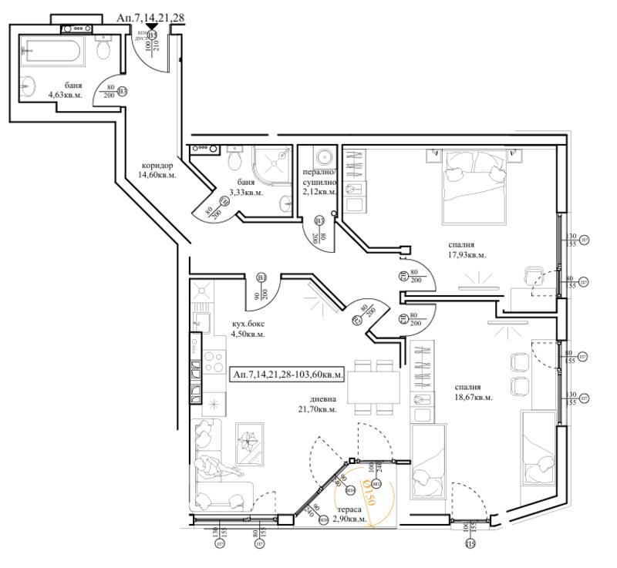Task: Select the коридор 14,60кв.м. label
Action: coord(157,170)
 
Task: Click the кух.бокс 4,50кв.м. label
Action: coord(248,329)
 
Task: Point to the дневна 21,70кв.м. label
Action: coord(319,404)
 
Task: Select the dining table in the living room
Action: coord(373,386)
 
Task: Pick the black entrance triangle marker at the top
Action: coord(152,28)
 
